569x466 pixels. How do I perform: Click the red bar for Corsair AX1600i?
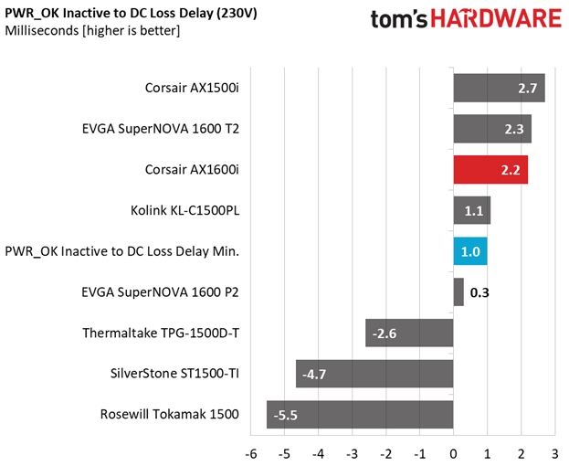[x=490, y=170]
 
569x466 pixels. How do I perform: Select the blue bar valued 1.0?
[x=470, y=251]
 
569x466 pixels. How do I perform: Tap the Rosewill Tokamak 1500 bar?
[x=360, y=414]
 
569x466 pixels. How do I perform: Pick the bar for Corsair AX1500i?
[x=499, y=89]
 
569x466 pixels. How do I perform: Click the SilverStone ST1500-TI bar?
[x=374, y=374]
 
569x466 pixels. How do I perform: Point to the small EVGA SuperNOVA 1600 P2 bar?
[x=458, y=292]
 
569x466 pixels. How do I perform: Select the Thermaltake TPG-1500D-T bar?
[x=409, y=333]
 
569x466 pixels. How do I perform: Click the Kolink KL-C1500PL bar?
[x=472, y=211]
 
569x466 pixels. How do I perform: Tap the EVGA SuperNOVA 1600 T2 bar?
[x=492, y=130]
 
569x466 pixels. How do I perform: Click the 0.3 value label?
[x=480, y=292]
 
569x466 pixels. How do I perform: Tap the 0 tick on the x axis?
[x=454, y=453]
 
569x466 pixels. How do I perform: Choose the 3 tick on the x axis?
[x=555, y=453]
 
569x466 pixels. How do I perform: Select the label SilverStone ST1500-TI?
[x=173, y=374]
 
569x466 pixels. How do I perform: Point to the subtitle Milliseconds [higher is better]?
[x=92, y=31]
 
